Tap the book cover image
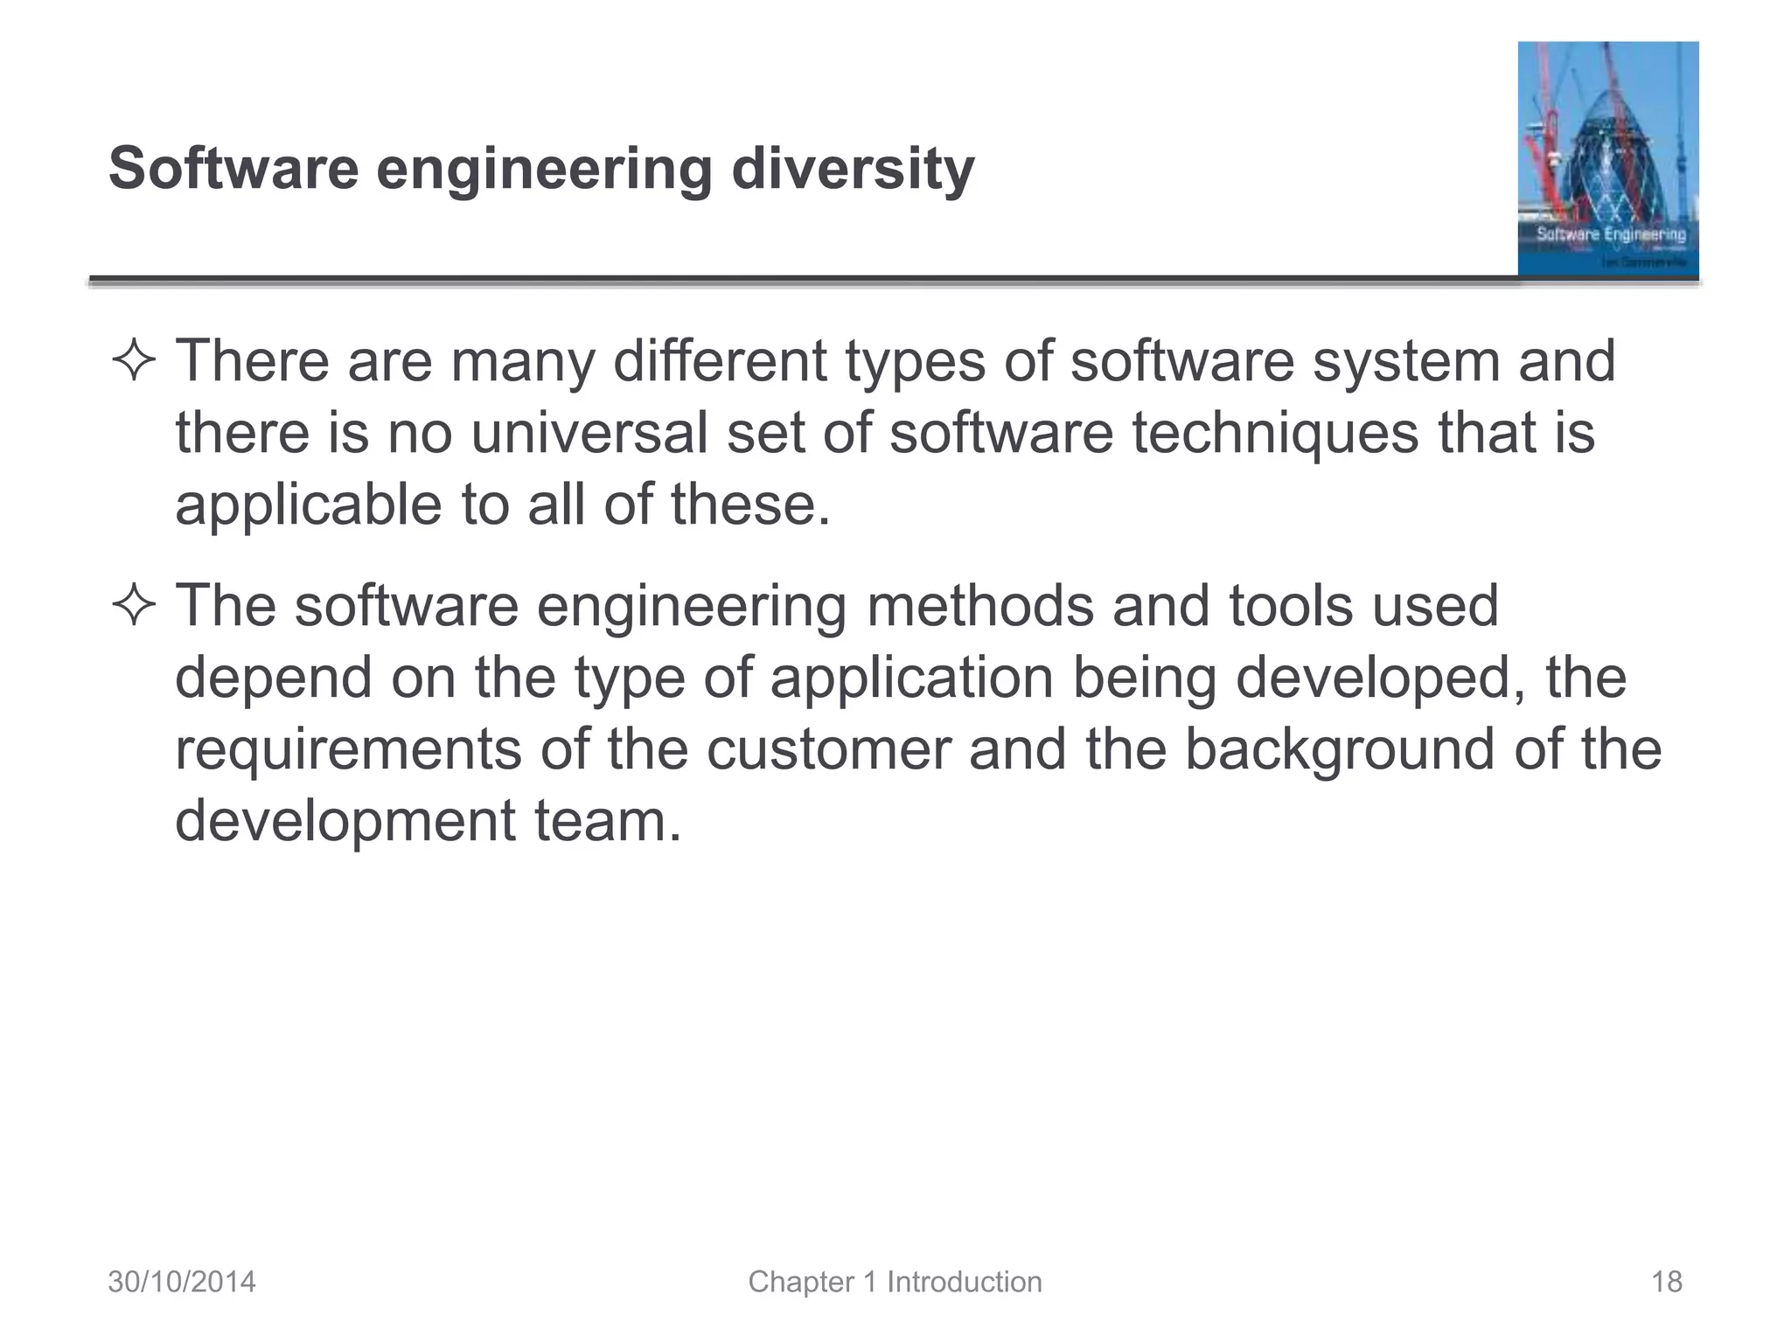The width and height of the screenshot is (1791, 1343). (x=1607, y=159)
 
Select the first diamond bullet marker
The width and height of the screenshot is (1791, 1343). (x=134, y=362)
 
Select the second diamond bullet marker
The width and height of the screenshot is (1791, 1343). (x=134, y=606)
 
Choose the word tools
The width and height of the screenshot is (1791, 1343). (x=1291, y=606)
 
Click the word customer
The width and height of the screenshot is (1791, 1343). (x=828, y=749)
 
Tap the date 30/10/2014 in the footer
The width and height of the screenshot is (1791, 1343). (x=182, y=1282)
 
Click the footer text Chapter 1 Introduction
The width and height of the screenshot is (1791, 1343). (x=895, y=1282)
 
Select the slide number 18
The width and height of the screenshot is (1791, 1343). (x=1666, y=1282)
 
